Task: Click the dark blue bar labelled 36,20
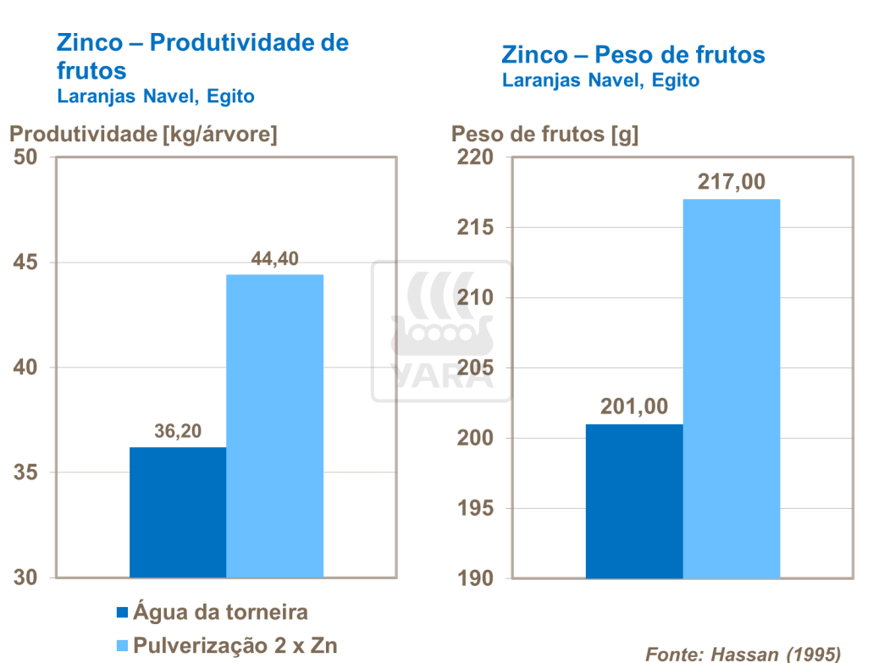coord(178,511)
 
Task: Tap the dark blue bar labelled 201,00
coord(634,500)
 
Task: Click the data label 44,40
coord(275,258)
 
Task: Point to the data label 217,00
coord(732,182)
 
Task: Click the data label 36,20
coord(178,430)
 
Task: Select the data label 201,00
coord(634,407)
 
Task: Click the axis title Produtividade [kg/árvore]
coord(143,134)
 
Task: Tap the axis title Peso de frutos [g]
coord(545,134)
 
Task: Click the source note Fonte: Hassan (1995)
coord(743,653)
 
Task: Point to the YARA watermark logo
coord(441,331)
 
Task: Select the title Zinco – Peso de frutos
coord(633,56)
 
